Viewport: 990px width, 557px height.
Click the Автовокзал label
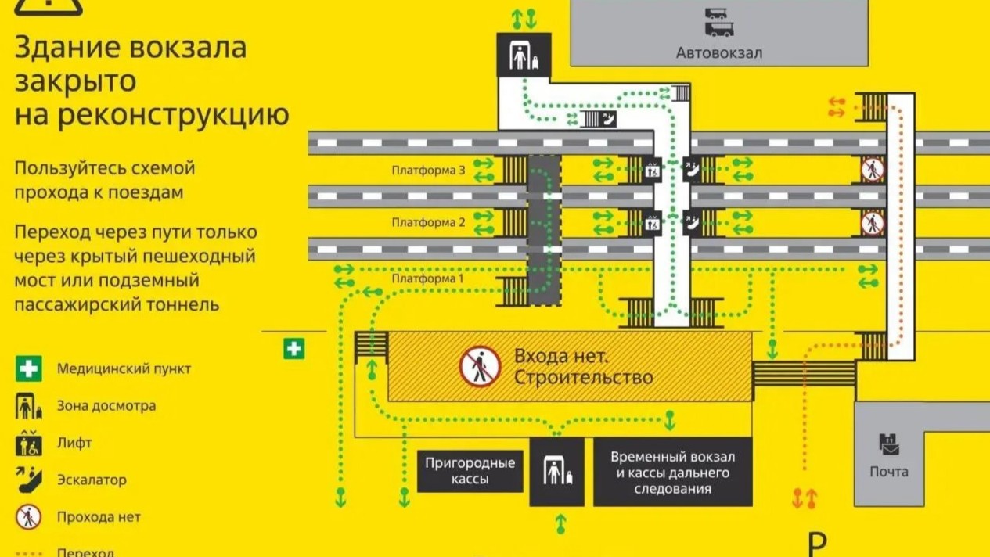[719, 53]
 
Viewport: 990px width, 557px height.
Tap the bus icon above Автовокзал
[719, 23]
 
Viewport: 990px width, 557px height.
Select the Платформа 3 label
[428, 170]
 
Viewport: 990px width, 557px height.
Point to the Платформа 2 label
[428, 222]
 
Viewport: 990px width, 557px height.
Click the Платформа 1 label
[427, 278]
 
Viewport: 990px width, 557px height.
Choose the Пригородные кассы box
[470, 471]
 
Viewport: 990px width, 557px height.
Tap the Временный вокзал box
[673, 473]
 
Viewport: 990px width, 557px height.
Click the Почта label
[889, 472]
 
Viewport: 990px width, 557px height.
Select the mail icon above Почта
[889, 445]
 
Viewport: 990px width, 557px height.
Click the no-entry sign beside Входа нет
[480, 367]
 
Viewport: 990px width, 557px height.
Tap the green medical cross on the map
[294, 349]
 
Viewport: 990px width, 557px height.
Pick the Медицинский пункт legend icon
[29, 368]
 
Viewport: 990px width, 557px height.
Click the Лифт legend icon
[29, 443]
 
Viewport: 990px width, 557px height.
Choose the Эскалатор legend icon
[29, 480]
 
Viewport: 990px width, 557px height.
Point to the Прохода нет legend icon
[29, 517]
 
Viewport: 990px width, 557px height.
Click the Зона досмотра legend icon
[29, 406]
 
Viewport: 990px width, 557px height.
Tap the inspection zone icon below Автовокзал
[524, 56]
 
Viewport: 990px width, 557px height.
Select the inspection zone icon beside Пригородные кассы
[557, 473]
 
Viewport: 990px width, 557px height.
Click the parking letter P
[818, 545]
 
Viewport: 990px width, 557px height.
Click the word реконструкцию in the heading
[175, 115]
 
